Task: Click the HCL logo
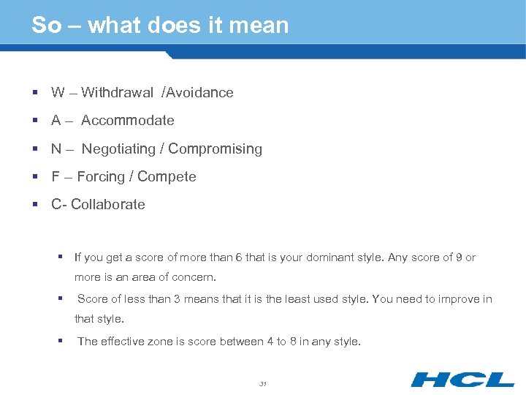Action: [462, 380]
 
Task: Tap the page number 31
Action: [263, 383]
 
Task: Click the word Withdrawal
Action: [118, 93]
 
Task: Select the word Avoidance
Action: [200, 93]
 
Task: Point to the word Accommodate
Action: [128, 121]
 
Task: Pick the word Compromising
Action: [215, 149]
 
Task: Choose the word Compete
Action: [167, 177]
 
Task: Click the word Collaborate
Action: [108, 205]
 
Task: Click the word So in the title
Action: [46, 26]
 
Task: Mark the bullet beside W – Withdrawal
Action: [35, 93]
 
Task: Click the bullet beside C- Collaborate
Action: [35, 205]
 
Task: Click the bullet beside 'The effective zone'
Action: [61, 341]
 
